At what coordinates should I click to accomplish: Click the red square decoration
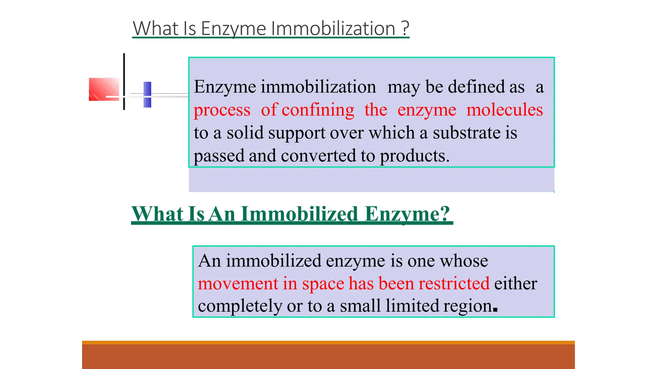click(x=104, y=89)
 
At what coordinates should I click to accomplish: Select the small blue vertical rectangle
click(x=147, y=94)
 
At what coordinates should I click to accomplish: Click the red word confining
click(x=318, y=110)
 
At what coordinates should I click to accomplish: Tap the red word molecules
click(x=504, y=110)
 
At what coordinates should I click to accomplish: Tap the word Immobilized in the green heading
click(x=299, y=214)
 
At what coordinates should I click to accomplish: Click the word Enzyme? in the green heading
click(x=407, y=214)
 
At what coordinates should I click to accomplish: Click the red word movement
click(x=238, y=283)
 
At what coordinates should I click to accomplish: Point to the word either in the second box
click(x=516, y=283)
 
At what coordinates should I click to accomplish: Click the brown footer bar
click(x=328, y=356)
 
